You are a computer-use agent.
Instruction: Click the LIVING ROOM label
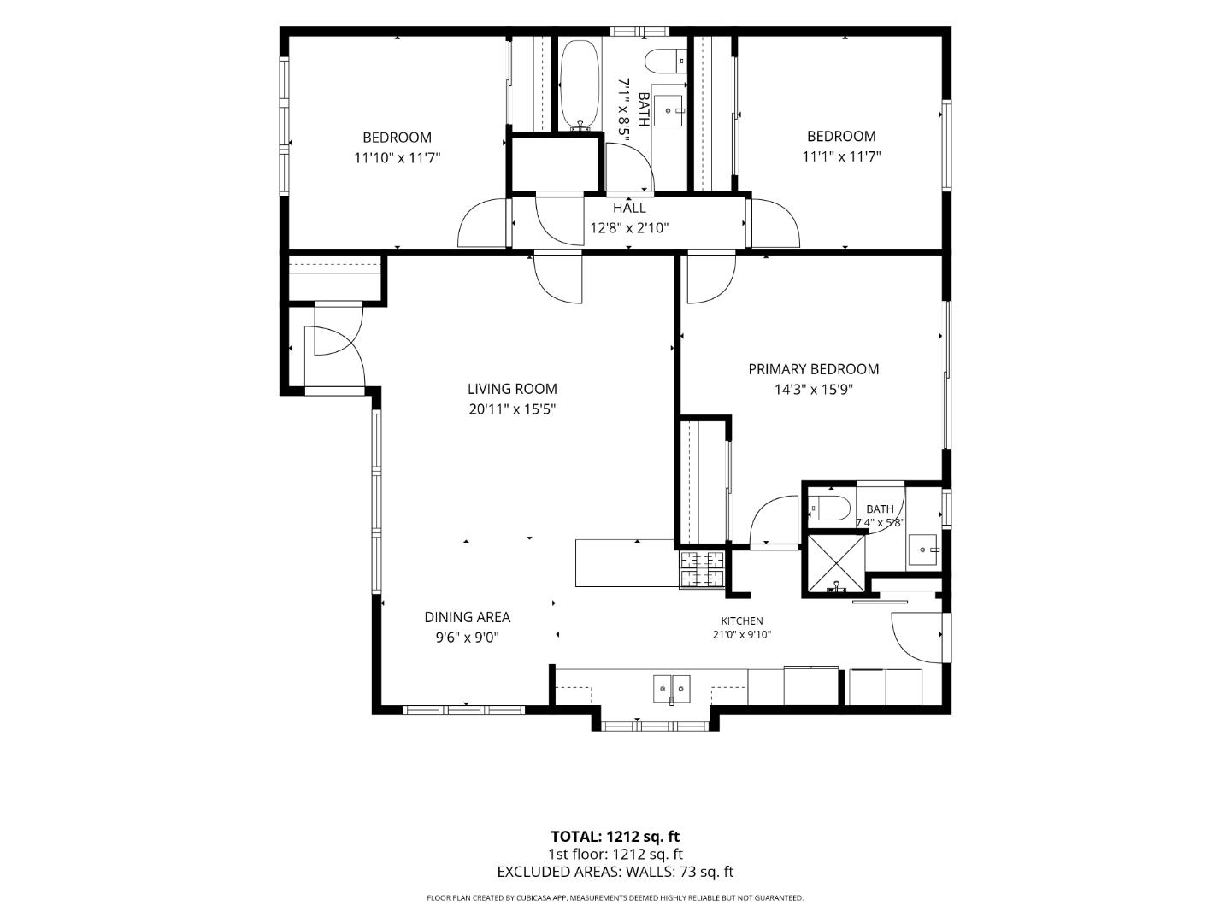click(x=512, y=388)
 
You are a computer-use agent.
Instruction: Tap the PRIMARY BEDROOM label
click(x=813, y=368)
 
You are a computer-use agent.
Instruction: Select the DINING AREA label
click(x=467, y=617)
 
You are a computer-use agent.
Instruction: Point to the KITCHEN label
click(x=741, y=621)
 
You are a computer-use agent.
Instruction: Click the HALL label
click(x=628, y=208)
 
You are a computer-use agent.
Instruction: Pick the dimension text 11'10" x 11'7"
click(x=397, y=158)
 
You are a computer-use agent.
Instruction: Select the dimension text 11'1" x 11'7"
click(x=841, y=156)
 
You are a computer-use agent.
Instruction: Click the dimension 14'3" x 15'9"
click(x=813, y=390)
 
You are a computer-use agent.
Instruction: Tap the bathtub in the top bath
click(x=580, y=85)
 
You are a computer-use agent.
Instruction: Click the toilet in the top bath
click(x=666, y=61)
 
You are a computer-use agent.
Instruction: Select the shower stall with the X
click(x=835, y=563)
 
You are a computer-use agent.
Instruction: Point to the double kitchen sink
click(x=671, y=689)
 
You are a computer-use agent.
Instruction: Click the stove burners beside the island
click(x=702, y=569)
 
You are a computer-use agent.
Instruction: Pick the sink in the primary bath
click(x=922, y=550)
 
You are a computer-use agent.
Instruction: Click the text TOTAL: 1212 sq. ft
click(x=615, y=837)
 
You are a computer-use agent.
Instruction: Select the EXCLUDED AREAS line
click(x=615, y=872)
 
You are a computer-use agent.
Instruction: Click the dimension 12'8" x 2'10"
click(x=629, y=228)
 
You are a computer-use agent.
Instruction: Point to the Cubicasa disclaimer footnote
click(x=615, y=897)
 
